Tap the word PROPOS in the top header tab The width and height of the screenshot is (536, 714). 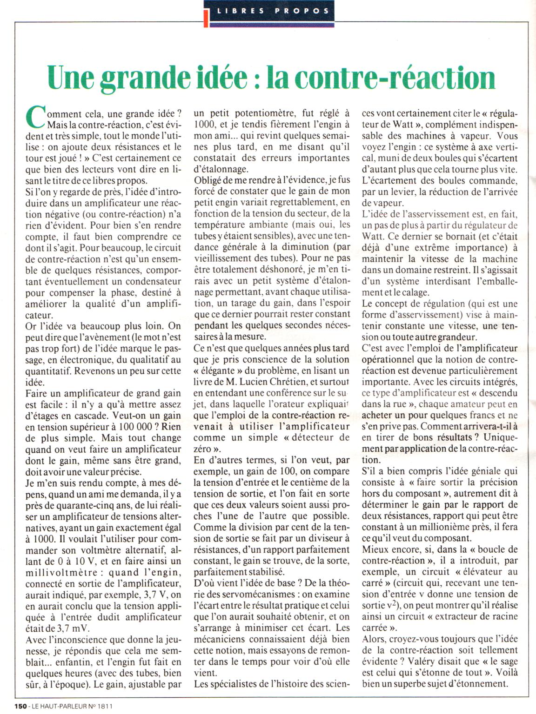tap(306, 11)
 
